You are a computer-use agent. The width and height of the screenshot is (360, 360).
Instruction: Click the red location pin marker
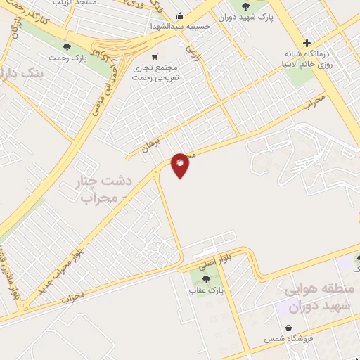181,165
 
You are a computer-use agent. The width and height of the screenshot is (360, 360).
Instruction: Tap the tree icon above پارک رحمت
67,48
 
